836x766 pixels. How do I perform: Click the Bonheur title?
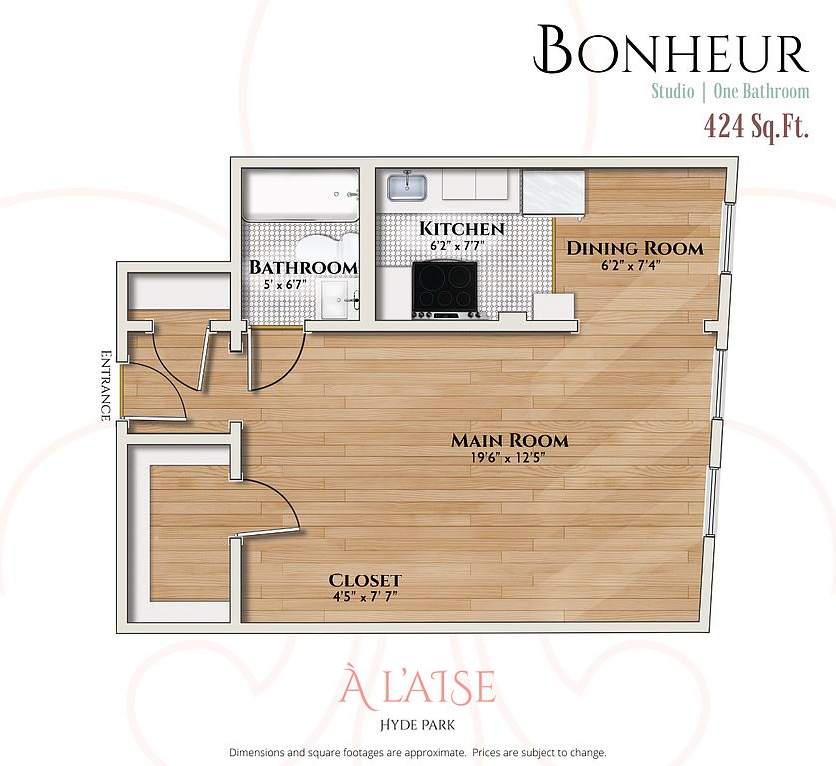point(671,50)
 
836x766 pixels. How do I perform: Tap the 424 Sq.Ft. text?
point(756,127)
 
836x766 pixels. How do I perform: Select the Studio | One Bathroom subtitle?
point(730,91)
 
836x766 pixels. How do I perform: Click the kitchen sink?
point(407,187)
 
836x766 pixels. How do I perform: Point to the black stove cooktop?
point(445,289)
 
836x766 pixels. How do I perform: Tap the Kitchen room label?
point(462,229)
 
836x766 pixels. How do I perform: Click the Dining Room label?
point(634,248)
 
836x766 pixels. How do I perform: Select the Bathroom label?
point(303,267)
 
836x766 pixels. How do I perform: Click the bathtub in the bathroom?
point(301,194)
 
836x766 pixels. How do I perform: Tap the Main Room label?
point(510,440)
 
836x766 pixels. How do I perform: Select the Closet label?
point(365,579)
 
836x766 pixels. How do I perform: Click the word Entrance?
point(106,385)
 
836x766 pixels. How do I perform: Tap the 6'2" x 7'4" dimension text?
point(631,265)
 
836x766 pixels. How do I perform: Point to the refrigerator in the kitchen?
point(554,192)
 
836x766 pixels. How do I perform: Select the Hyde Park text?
point(417,725)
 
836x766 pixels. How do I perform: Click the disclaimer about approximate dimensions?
point(417,753)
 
